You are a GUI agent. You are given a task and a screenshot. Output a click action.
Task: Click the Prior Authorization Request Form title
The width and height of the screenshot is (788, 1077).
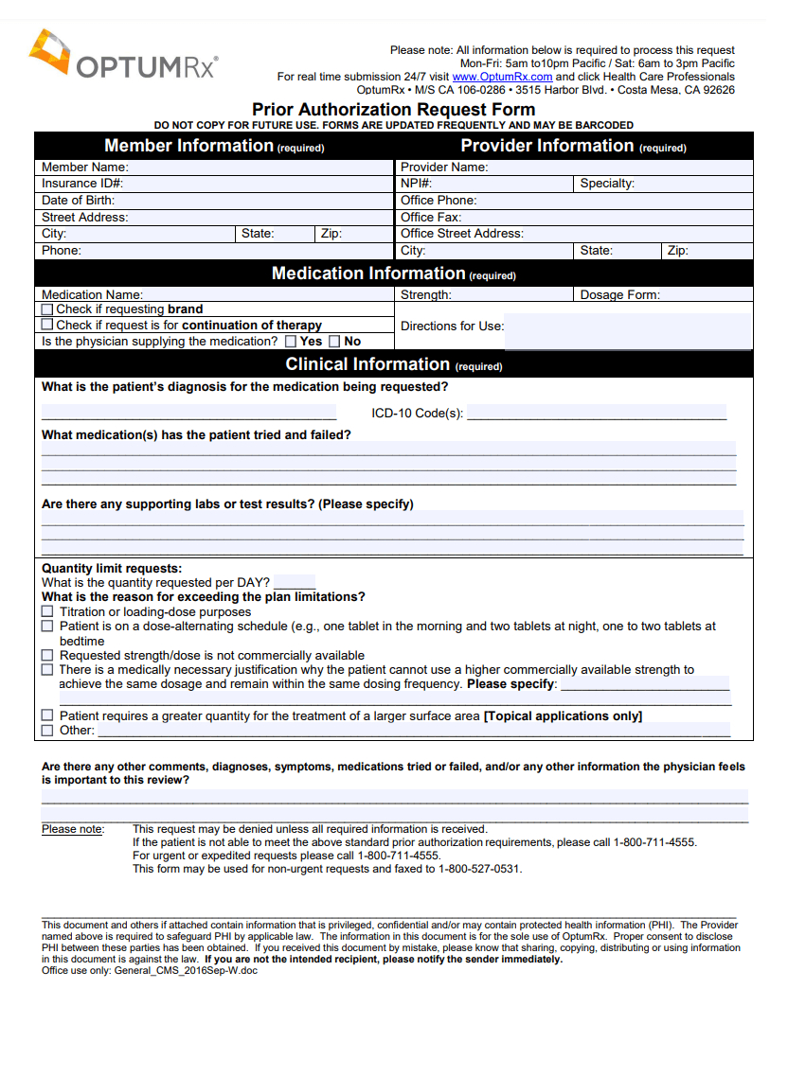[393, 110]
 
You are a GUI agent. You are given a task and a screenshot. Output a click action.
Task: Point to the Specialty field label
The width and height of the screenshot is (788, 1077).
[607, 184]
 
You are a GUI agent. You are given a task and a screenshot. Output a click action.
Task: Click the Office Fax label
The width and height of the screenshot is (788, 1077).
[430, 217]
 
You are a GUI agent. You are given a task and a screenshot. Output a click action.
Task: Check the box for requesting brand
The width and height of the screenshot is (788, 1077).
[47, 309]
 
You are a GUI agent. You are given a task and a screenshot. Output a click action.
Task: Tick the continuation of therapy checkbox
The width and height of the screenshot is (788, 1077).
[47, 325]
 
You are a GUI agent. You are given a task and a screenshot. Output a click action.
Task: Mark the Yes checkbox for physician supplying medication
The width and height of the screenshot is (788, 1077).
[291, 342]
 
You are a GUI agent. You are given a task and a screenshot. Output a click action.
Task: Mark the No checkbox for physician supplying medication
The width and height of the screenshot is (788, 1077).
[334, 342]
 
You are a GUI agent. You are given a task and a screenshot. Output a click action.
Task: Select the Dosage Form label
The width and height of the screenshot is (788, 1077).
[619, 295]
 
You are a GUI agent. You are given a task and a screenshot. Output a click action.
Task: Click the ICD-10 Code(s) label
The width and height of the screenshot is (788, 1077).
[417, 414]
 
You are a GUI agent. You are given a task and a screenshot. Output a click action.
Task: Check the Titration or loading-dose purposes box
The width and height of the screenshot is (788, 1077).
[47, 612]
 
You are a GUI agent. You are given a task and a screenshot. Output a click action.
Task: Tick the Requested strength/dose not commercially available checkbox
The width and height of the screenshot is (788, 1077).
[47, 655]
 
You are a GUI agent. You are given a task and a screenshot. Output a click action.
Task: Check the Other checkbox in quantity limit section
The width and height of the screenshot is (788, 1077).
[47, 731]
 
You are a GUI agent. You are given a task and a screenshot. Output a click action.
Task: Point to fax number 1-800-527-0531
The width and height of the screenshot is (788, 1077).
[479, 869]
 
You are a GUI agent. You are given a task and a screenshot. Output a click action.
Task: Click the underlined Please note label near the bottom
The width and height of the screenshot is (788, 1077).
[72, 829]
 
